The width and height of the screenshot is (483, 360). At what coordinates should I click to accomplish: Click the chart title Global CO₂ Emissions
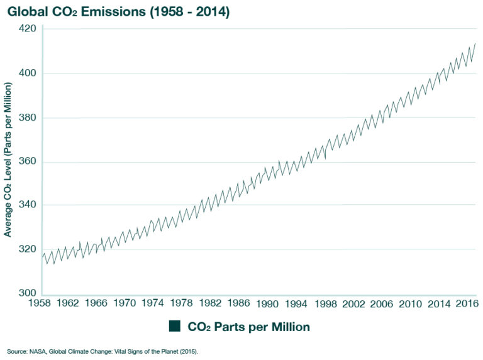119,11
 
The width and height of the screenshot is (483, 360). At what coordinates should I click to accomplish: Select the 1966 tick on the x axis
97,304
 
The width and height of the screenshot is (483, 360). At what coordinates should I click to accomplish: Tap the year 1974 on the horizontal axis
153,304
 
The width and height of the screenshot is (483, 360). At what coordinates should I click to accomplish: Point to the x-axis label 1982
209,304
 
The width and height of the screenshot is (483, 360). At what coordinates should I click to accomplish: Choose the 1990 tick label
267,304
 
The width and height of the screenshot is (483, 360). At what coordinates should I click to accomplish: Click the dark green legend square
174,326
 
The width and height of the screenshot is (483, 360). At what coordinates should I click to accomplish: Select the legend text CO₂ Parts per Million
248,327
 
